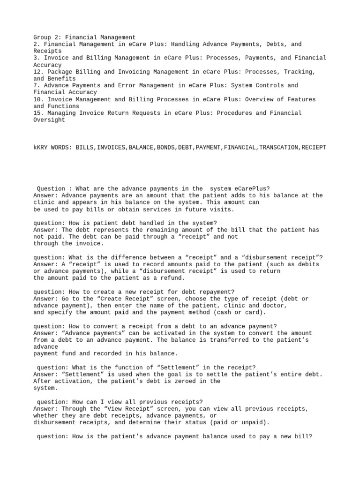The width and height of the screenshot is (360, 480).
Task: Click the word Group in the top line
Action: [x=42, y=37]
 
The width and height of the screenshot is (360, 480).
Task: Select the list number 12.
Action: [x=37, y=72]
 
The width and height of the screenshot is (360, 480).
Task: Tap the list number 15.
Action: [x=37, y=113]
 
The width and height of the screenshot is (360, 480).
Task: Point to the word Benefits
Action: [x=64, y=79]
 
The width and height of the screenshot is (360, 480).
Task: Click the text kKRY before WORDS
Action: [x=40, y=147]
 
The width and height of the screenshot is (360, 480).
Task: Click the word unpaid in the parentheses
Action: [x=255, y=422]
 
